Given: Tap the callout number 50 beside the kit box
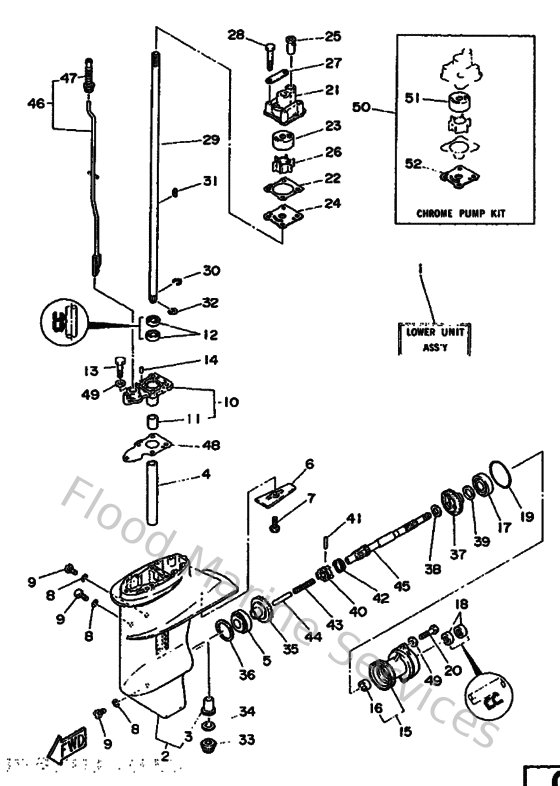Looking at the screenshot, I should point(361,106).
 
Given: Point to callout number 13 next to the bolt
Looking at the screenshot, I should point(90,370).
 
